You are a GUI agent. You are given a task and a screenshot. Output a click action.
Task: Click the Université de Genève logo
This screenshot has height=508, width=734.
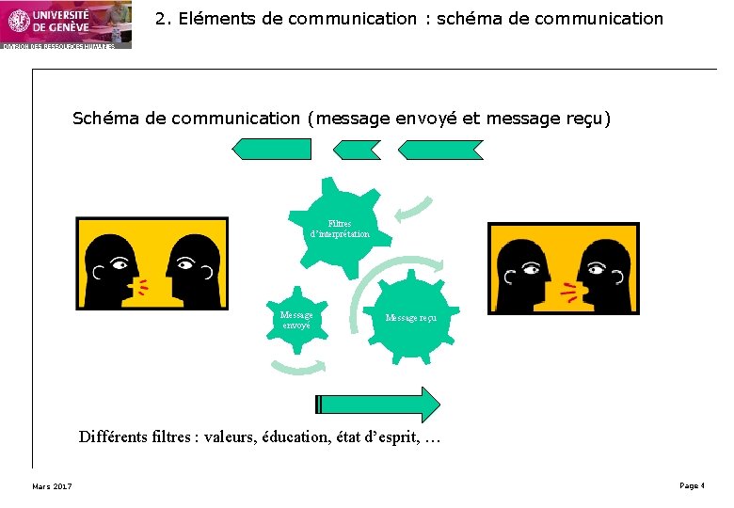tap(65, 24)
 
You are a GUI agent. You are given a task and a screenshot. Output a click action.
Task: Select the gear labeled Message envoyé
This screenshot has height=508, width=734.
tap(296, 320)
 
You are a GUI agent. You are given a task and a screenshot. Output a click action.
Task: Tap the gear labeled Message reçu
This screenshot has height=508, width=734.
tap(410, 317)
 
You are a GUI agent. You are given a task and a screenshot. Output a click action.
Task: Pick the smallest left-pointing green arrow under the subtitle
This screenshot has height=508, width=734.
tap(358, 149)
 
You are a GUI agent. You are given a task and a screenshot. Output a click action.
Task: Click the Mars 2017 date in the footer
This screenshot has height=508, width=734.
tap(52, 485)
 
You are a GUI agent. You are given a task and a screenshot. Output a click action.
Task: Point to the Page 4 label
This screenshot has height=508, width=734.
tap(691, 485)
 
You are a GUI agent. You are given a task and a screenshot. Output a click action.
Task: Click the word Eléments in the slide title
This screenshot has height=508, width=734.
tap(209, 19)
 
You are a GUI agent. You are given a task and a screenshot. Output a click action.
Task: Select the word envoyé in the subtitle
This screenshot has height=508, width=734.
tap(421, 119)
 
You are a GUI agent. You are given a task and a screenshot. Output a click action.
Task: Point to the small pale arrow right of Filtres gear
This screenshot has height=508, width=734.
tap(413, 209)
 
